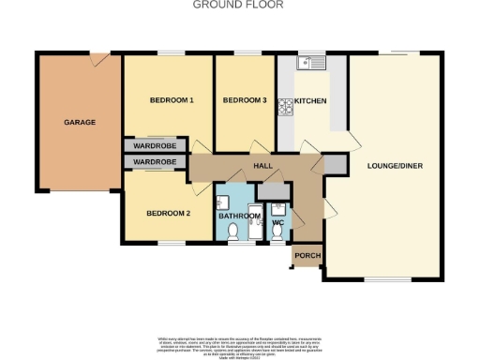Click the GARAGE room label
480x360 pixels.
(x=79, y=122)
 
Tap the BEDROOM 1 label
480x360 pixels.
(x=172, y=100)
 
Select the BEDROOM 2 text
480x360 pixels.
(x=168, y=213)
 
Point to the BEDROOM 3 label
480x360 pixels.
(x=245, y=100)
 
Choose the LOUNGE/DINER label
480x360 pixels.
(x=398, y=165)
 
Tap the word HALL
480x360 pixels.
(x=262, y=166)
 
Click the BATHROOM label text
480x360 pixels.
(x=239, y=216)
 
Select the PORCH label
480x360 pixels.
(x=306, y=255)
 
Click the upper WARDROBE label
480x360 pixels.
(x=155, y=146)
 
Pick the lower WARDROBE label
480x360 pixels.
(x=155, y=162)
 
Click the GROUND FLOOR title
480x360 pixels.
(x=238, y=5)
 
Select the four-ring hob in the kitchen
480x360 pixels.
(x=286, y=106)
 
